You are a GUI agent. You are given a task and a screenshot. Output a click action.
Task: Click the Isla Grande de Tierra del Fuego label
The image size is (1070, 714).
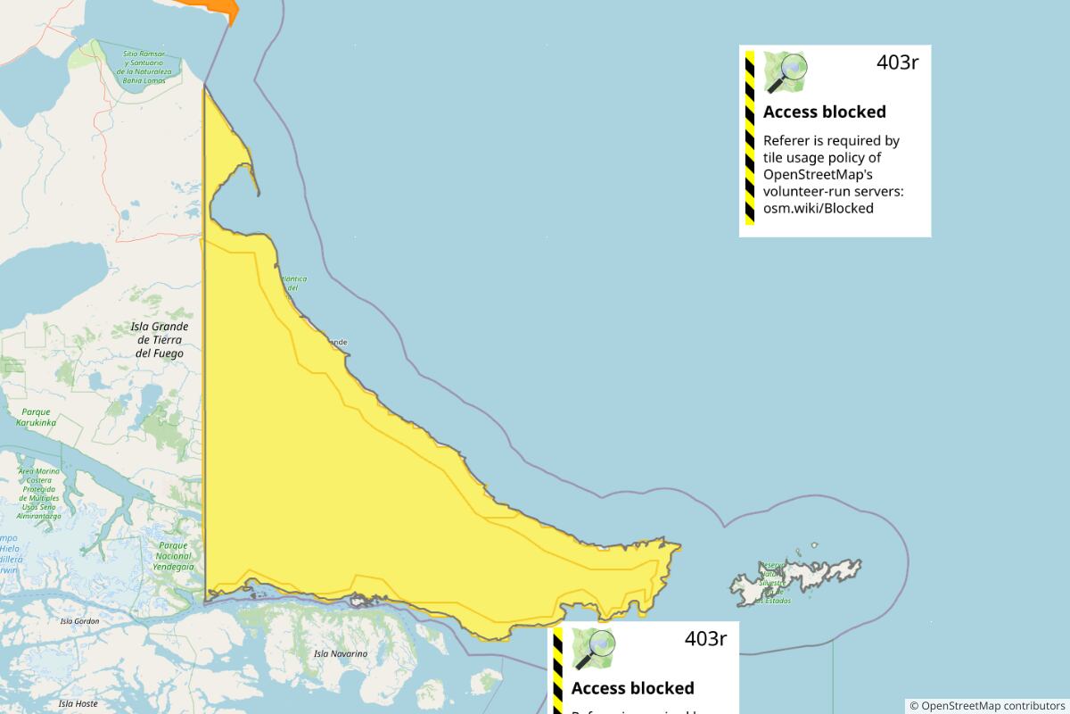(160, 340)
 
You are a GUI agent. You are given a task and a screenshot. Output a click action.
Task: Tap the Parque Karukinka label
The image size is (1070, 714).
(36, 417)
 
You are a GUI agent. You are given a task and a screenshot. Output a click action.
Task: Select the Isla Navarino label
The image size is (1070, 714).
(341, 654)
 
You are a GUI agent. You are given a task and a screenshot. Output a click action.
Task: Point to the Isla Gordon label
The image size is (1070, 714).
(79, 621)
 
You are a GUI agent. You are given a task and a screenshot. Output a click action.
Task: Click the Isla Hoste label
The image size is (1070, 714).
(78, 704)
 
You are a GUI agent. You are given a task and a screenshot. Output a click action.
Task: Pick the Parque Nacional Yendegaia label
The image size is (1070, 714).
(172, 555)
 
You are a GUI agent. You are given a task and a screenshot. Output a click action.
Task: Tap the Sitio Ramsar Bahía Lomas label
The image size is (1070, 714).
(144, 67)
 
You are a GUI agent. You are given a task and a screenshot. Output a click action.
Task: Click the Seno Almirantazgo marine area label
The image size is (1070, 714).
(39, 494)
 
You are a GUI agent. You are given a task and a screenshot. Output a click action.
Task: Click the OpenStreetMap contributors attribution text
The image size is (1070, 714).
(987, 705)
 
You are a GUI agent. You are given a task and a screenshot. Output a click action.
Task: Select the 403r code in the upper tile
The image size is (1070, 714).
(896, 62)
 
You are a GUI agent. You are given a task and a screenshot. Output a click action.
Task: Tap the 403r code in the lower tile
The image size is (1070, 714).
(705, 639)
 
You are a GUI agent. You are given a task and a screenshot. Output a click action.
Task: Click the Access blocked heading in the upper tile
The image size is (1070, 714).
(824, 112)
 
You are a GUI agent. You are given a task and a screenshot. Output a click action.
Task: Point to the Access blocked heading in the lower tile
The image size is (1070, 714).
(632, 688)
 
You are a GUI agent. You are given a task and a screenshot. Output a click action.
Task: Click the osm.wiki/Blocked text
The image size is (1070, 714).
(818, 208)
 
